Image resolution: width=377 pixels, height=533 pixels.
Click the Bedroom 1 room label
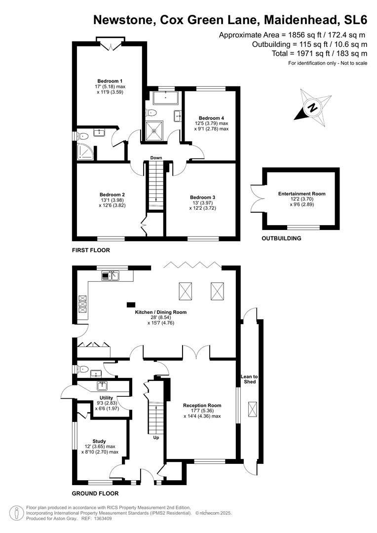(x=110, y=81)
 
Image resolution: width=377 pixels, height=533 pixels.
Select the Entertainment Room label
(x=302, y=194)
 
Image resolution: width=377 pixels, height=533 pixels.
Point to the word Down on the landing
(x=156, y=158)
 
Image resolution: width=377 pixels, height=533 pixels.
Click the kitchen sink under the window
(x=111, y=276)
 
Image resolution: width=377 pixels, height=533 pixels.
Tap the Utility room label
(x=107, y=398)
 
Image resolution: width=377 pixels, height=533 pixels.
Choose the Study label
(x=100, y=441)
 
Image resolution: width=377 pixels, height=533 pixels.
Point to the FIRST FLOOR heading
(x=91, y=250)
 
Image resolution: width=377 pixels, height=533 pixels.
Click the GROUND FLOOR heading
(x=95, y=494)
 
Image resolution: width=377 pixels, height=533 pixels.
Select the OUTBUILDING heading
(x=281, y=238)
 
